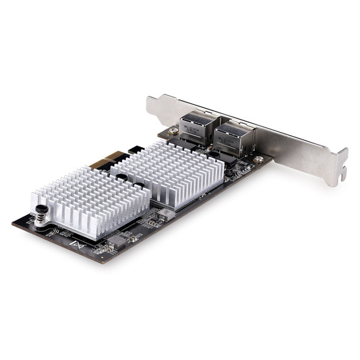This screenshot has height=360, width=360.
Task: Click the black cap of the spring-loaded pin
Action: click(40, 207)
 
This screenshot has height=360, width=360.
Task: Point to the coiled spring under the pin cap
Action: click(41, 217)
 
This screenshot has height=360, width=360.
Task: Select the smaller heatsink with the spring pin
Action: click(92, 201)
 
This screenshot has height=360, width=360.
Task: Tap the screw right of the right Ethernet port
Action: click(259, 159)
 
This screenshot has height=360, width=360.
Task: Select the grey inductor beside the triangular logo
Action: click(117, 240)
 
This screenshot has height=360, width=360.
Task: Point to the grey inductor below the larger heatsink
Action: click(166, 214)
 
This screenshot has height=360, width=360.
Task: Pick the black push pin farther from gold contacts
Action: click(140, 185)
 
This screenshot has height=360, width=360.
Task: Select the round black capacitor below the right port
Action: click(228, 173)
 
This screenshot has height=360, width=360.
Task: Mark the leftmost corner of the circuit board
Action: click(13, 223)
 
